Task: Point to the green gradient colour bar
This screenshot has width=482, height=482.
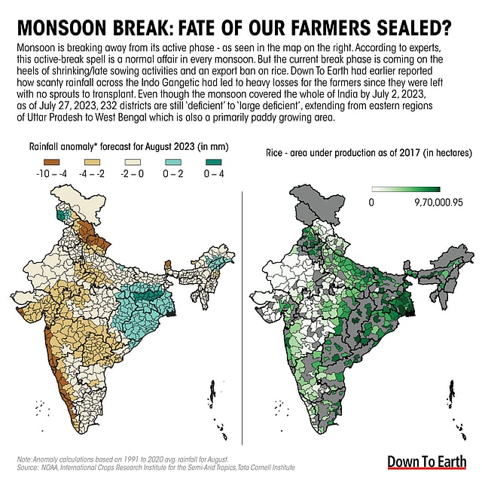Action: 410,191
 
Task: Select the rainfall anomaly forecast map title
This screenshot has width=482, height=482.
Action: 128,146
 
